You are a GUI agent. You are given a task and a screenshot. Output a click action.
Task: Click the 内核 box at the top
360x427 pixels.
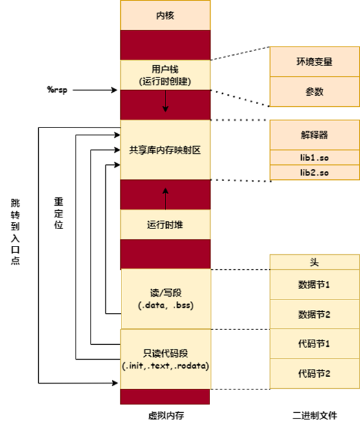click(x=165, y=15)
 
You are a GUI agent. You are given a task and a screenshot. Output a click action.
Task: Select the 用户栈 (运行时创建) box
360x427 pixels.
click(x=165, y=74)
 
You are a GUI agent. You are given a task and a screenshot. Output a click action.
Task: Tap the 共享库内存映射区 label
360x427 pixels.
click(x=165, y=150)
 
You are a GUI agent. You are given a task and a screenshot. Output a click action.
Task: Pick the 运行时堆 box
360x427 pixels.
click(x=165, y=225)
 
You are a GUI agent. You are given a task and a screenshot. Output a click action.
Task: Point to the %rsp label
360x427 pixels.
click(x=58, y=90)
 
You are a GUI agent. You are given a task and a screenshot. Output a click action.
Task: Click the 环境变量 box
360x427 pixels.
click(x=314, y=62)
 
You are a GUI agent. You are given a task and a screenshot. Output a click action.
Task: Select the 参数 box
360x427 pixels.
click(x=314, y=92)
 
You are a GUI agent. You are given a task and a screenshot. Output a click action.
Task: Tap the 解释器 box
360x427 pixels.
click(x=314, y=135)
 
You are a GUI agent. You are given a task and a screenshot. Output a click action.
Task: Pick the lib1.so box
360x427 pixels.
click(x=314, y=157)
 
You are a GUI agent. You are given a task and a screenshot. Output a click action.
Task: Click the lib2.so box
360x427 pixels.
click(x=314, y=173)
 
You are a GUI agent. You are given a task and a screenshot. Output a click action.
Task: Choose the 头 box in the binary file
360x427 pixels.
click(x=314, y=262)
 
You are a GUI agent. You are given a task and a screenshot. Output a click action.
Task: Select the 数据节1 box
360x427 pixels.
click(x=314, y=284)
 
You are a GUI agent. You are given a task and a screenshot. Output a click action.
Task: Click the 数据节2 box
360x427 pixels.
click(x=314, y=314)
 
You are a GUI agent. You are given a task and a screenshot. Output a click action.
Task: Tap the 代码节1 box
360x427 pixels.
click(x=314, y=344)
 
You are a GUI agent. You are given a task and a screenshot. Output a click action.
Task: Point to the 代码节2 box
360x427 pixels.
click(x=314, y=373)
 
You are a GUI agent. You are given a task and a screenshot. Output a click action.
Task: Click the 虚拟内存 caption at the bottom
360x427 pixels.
click(x=165, y=415)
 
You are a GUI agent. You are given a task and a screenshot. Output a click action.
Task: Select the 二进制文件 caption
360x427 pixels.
click(x=314, y=415)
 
